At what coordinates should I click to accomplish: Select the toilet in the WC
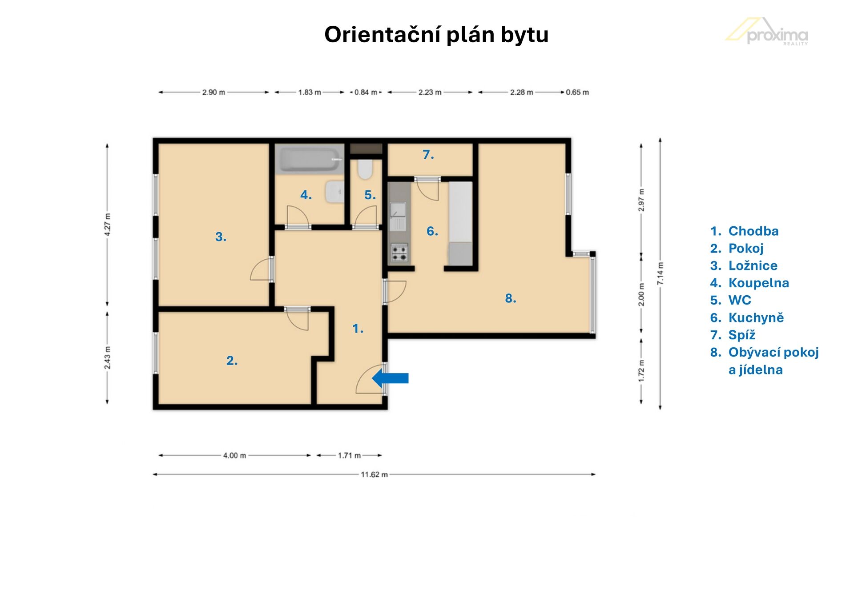click(366, 169)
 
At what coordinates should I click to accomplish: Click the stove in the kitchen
click(399, 253)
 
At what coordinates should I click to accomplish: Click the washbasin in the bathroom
click(334, 192)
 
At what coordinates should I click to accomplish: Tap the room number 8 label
click(511, 298)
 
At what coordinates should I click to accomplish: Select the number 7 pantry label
click(428, 155)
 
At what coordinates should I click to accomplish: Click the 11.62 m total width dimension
click(374, 474)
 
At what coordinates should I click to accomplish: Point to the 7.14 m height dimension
click(661, 273)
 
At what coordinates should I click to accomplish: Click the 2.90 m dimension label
click(213, 92)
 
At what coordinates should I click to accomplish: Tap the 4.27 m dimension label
click(107, 225)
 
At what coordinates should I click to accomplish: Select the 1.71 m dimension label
click(349, 455)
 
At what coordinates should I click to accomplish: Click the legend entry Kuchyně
click(756, 318)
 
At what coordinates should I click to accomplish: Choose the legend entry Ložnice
click(753, 265)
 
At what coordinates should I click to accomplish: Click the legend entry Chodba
click(753, 231)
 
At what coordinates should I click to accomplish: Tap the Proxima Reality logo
click(767, 32)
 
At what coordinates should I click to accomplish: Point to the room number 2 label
click(232, 360)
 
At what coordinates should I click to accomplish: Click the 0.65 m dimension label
click(577, 92)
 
